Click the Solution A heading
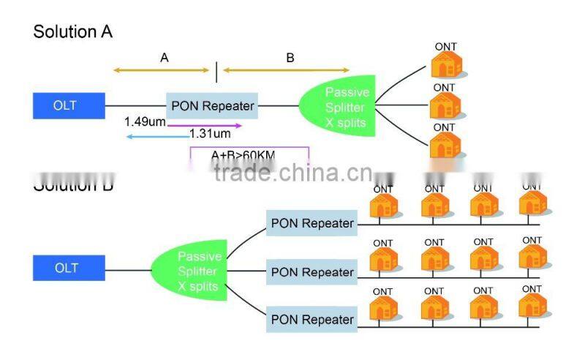73,31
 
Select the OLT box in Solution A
64,105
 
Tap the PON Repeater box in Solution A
213,106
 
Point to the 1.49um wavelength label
144,121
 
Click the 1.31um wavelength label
210,133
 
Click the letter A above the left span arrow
165,57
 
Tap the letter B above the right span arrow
290,57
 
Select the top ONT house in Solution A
447,64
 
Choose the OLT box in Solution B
66,268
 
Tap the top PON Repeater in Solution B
312,223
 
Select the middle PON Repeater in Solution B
312,272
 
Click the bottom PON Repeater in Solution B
312,320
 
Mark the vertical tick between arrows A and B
216,71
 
